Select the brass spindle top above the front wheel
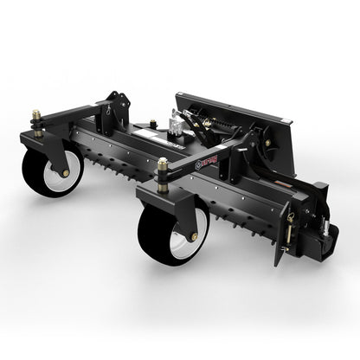163,164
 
